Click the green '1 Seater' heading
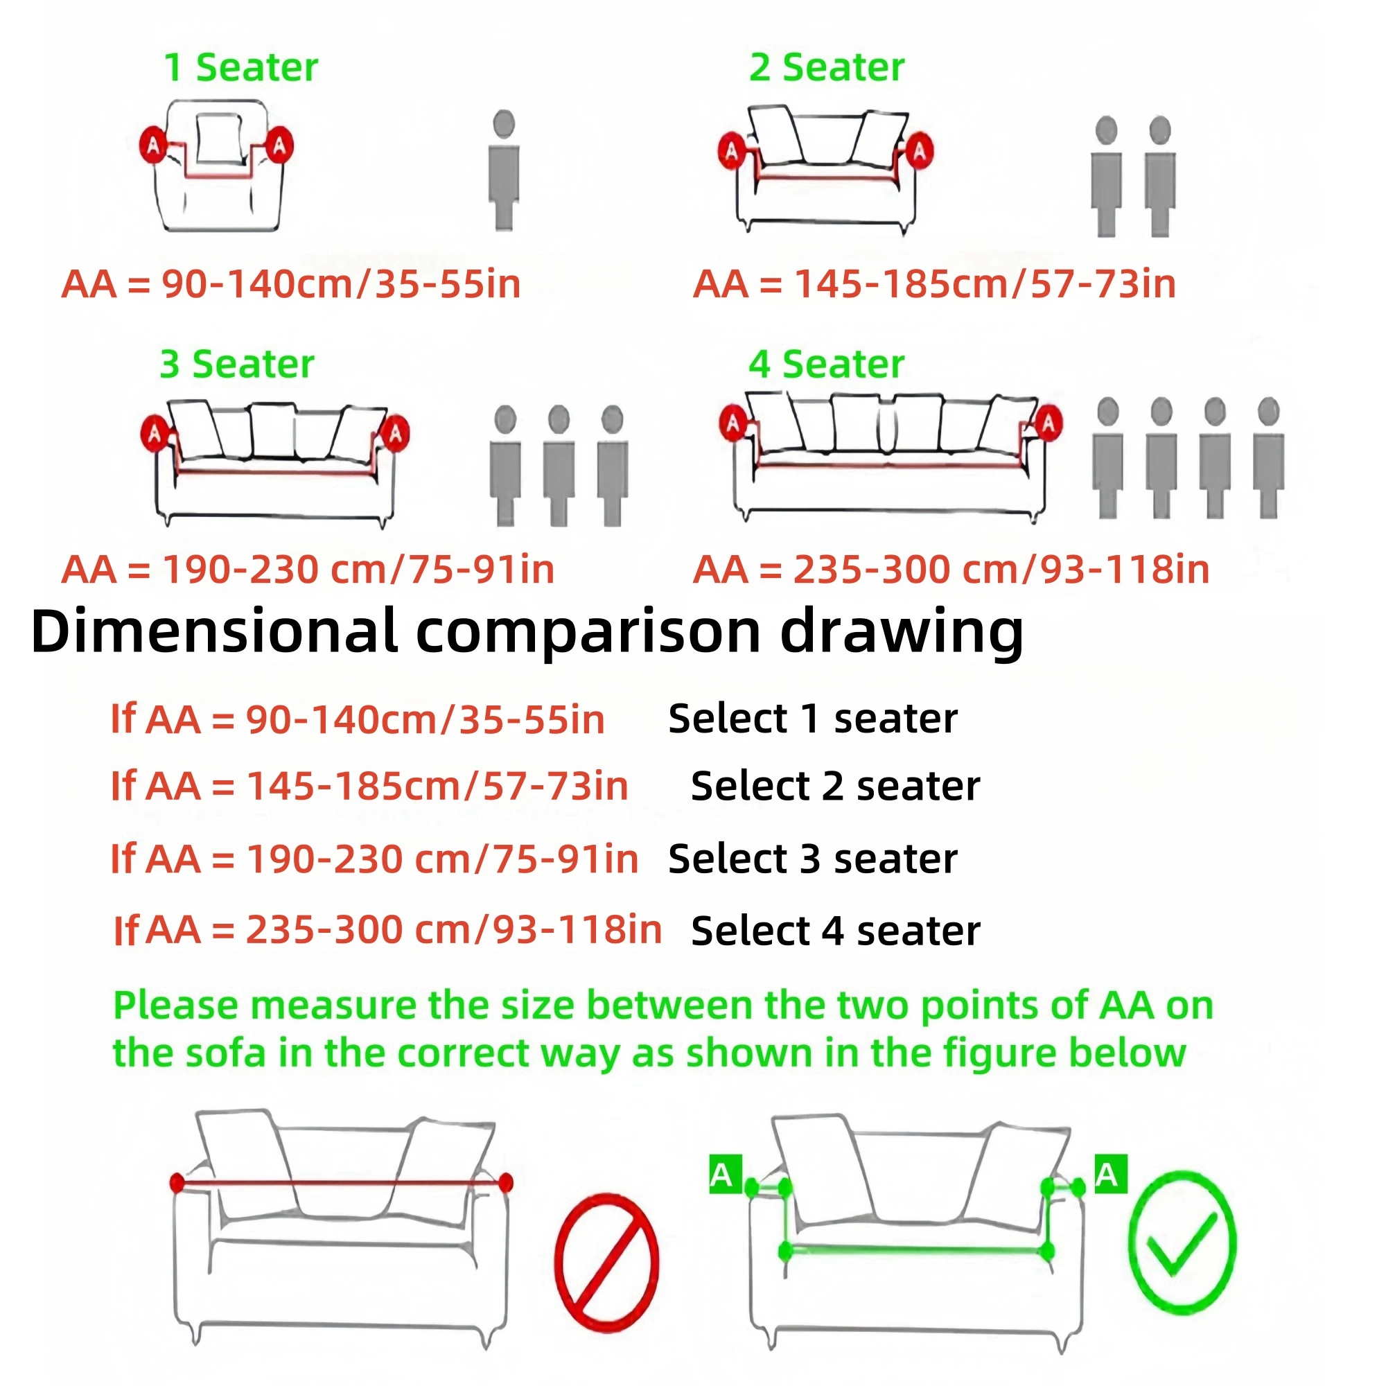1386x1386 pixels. point(241,68)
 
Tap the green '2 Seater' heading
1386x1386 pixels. point(827,68)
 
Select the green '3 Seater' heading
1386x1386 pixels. point(237,365)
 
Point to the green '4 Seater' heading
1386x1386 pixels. point(827,365)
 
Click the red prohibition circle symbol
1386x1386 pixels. point(607,1262)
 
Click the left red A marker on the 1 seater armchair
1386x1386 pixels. point(152,146)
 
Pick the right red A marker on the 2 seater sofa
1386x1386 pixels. point(919,151)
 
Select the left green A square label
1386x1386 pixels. point(725,1175)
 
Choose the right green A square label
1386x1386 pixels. point(1110,1175)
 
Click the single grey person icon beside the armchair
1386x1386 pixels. point(505,170)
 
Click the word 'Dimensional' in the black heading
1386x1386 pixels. point(213,631)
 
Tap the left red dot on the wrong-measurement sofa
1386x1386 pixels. point(177,1183)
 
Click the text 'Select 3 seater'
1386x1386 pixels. point(813,859)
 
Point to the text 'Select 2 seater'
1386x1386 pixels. point(836,787)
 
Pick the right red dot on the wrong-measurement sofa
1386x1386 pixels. point(506,1183)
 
